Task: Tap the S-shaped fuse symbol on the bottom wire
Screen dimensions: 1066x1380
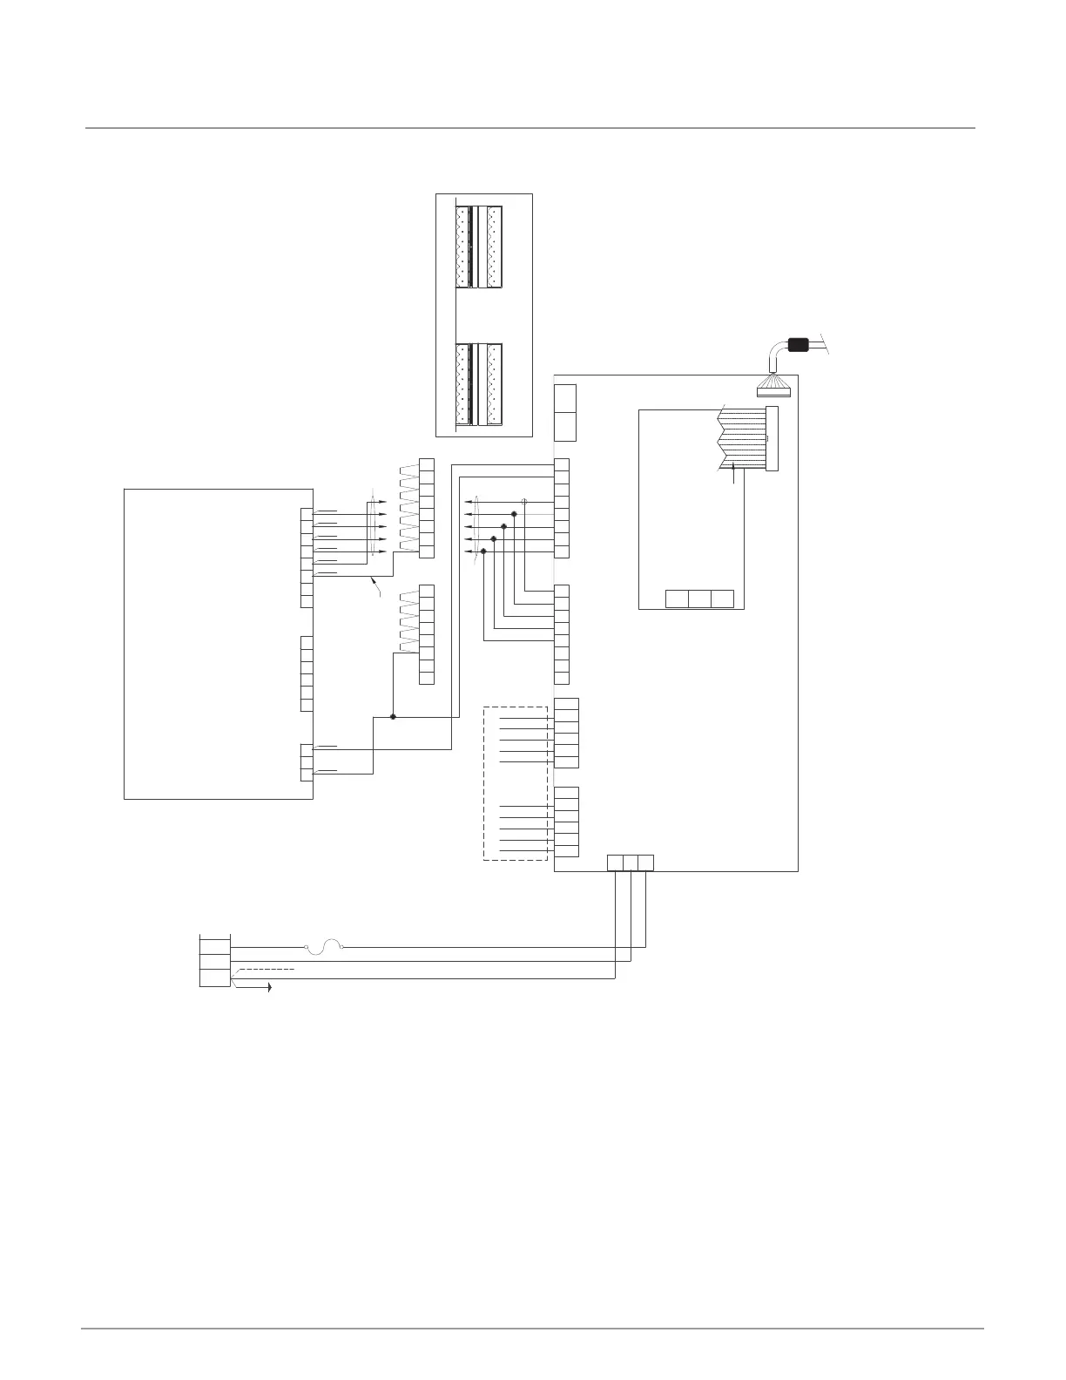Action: [326, 945]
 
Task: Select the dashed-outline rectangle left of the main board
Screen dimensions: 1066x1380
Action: [516, 782]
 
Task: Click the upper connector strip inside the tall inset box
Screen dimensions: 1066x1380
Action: [479, 247]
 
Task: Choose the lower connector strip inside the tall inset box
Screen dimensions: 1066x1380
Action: [479, 385]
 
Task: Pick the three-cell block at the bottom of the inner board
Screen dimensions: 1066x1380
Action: [699, 599]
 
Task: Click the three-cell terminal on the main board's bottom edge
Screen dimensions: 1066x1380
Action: [630, 862]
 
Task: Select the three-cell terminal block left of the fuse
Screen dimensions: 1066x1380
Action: [215, 961]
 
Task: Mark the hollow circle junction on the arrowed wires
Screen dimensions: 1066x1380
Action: [524, 502]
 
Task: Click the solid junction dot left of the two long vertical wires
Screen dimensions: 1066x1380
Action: [393, 716]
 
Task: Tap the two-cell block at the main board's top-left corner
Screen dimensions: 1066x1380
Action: [565, 412]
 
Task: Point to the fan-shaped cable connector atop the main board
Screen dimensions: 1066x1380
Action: [773, 383]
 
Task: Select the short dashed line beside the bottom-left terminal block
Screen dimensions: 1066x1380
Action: [266, 969]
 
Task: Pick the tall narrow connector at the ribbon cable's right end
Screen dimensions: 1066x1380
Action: [772, 438]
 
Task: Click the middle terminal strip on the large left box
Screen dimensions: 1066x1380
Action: [307, 673]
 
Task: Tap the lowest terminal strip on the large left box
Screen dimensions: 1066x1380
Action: [307, 761]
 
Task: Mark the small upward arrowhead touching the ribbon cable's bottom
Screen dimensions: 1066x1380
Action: [737, 468]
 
